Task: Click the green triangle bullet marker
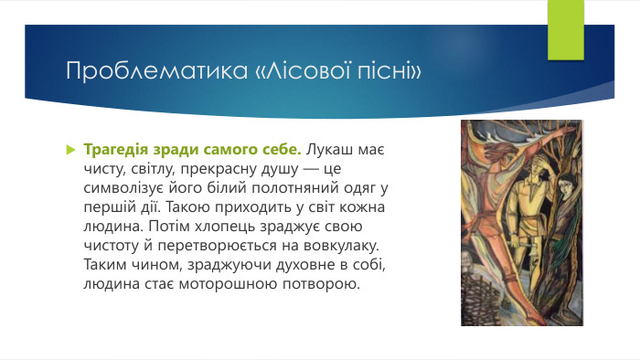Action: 70,149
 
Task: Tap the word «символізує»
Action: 122,187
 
